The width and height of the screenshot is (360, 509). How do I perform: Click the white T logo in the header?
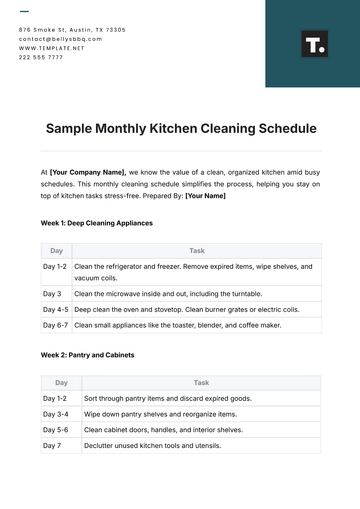[x=314, y=44]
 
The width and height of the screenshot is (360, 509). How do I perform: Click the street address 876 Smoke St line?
[x=72, y=30]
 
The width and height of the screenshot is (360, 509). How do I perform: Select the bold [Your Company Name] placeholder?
[x=88, y=172]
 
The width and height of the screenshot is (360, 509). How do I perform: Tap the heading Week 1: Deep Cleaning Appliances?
[x=96, y=223]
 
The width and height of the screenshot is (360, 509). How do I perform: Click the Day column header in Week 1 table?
[x=56, y=251]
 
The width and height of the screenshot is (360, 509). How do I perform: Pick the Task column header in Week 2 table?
[x=201, y=382]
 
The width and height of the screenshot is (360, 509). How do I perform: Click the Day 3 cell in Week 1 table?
[x=52, y=294]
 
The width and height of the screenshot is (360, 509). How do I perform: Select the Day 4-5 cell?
[x=56, y=310]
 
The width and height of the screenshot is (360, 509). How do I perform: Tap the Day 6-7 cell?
[x=56, y=325]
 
